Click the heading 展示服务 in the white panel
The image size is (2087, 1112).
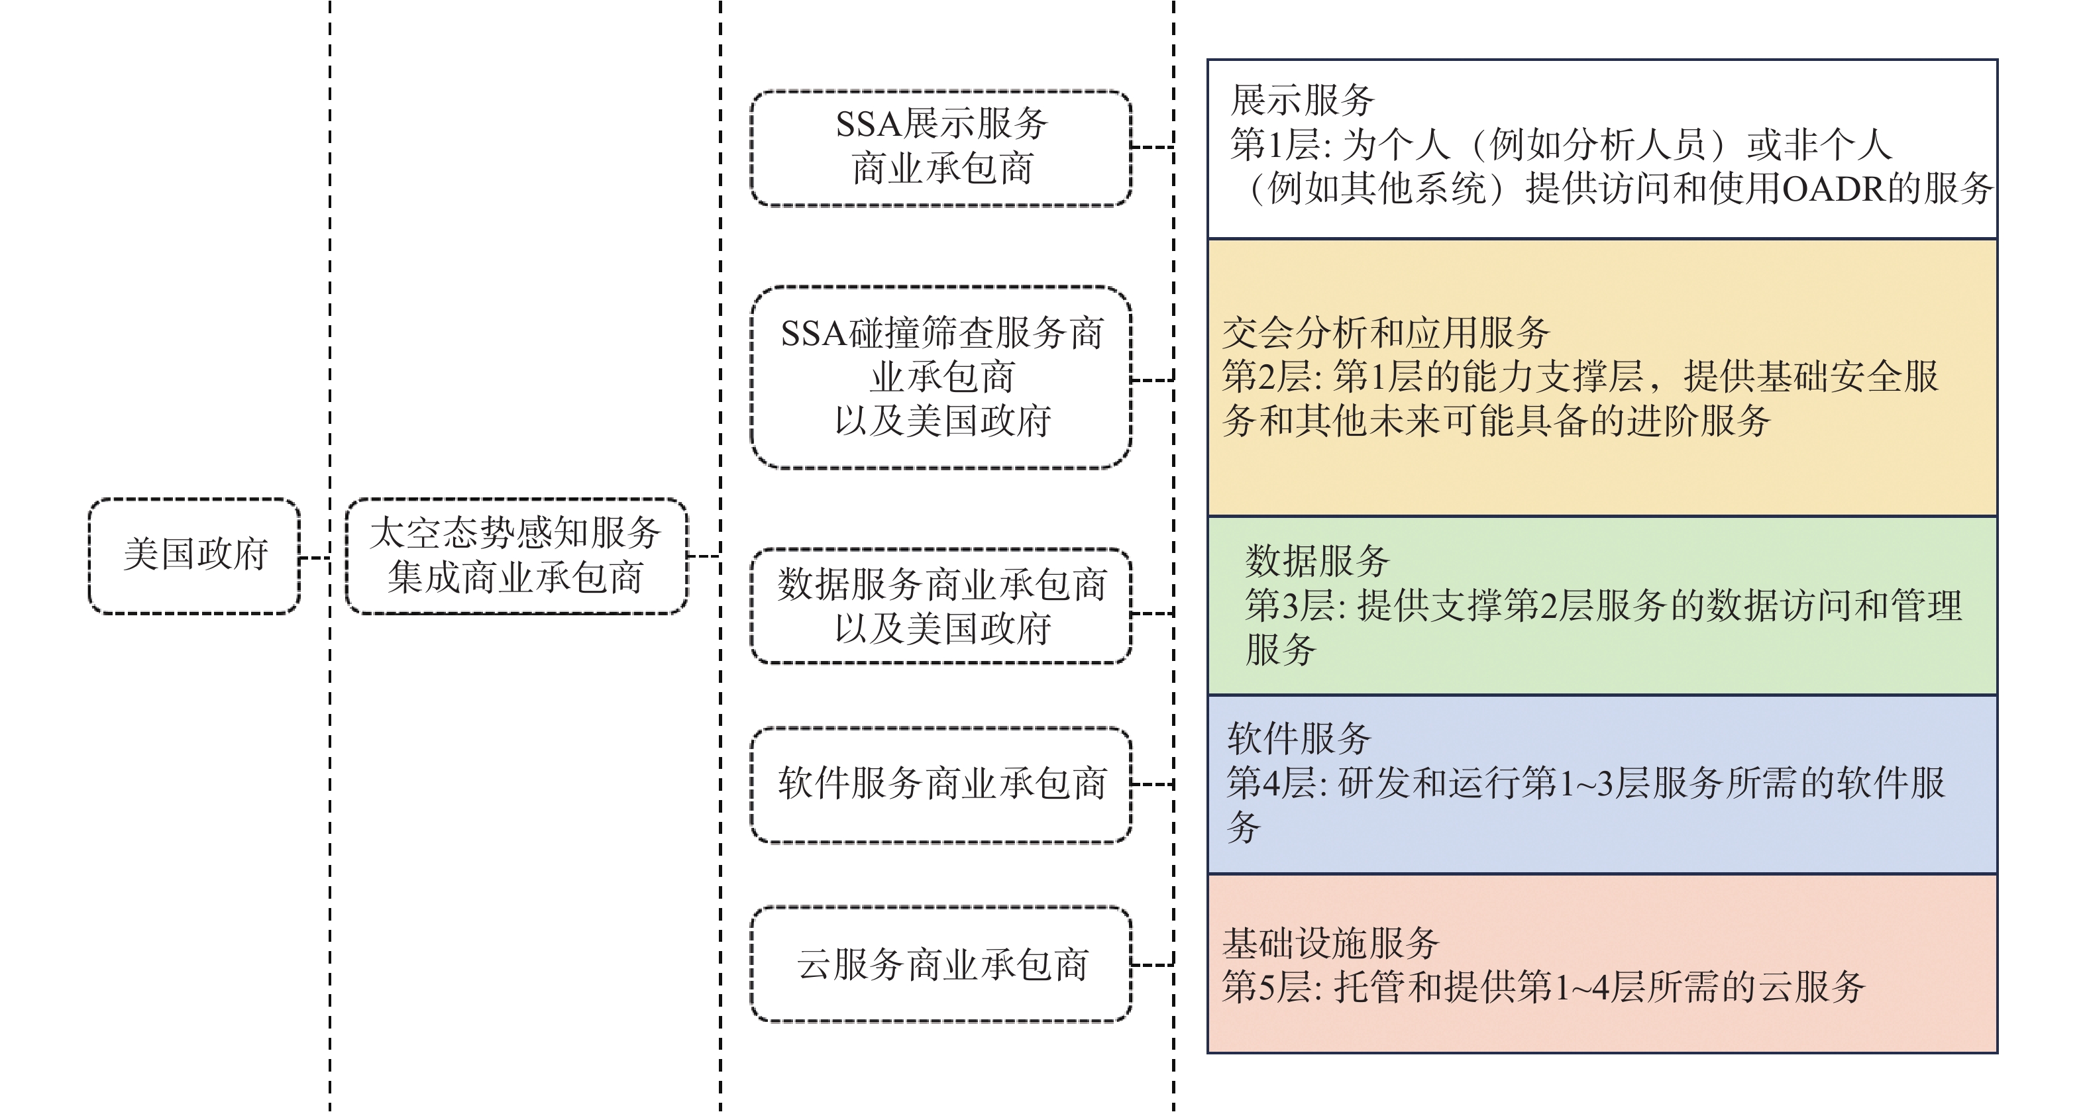pyautogui.click(x=1302, y=101)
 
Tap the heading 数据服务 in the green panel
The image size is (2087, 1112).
pyautogui.click(x=1317, y=560)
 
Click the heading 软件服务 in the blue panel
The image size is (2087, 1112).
pyautogui.click(x=1299, y=738)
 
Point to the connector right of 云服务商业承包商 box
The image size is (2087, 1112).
pyautogui.click(x=1152, y=964)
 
